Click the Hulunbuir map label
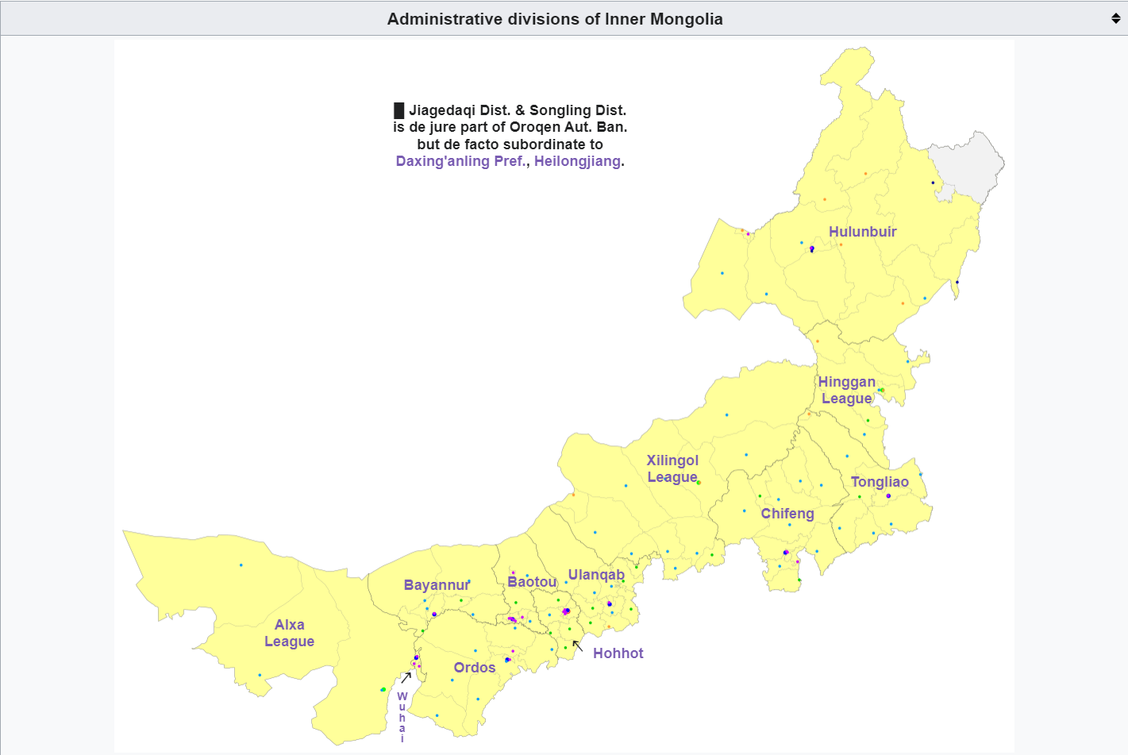(x=862, y=232)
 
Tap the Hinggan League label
(x=846, y=390)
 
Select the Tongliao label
(x=880, y=482)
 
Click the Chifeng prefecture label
(x=787, y=514)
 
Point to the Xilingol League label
(x=672, y=468)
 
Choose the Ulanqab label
(x=596, y=575)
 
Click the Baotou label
(x=532, y=582)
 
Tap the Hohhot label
(x=618, y=653)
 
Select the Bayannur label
(x=437, y=585)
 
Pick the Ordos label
(x=475, y=668)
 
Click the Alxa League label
(x=289, y=633)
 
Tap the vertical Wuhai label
(x=402, y=717)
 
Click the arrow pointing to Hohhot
(x=578, y=646)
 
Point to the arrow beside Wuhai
(x=406, y=677)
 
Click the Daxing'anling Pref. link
(x=460, y=161)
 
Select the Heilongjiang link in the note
(x=577, y=161)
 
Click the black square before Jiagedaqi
(x=399, y=110)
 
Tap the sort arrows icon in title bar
(x=1115, y=18)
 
